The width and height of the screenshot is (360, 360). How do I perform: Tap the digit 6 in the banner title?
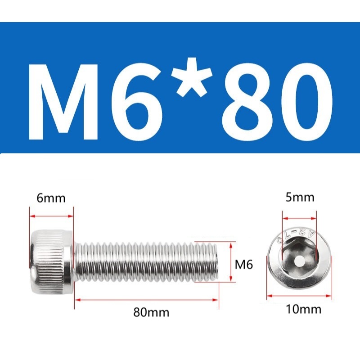137,102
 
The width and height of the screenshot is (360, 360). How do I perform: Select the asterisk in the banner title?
194,77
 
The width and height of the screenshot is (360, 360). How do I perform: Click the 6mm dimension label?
51,198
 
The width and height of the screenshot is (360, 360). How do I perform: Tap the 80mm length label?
151,312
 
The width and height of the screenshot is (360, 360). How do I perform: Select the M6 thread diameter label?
244,265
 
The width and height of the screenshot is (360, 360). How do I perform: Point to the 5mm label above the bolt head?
300,197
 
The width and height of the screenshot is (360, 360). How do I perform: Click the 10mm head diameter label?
303,309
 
